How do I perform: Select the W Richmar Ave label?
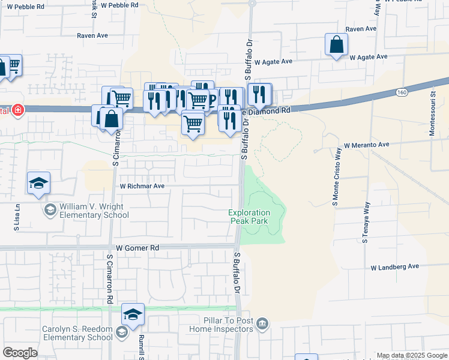pyautogui.click(x=142, y=186)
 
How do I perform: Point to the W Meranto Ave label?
pyautogui.click(x=367, y=145)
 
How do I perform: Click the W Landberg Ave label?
pyautogui.click(x=394, y=266)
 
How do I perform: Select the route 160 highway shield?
pyautogui.click(x=402, y=92)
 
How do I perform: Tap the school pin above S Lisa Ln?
pyautogui.click(x=38, y=183)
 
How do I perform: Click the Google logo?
pyautogui.click(x=20, y=353)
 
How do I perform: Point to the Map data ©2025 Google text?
pyautogui.click(x=412, y=356)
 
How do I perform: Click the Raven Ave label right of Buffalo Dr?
pyautogui.click(x=361, y=29)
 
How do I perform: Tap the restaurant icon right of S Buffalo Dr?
pyautogui.click(x=259, y=94)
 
